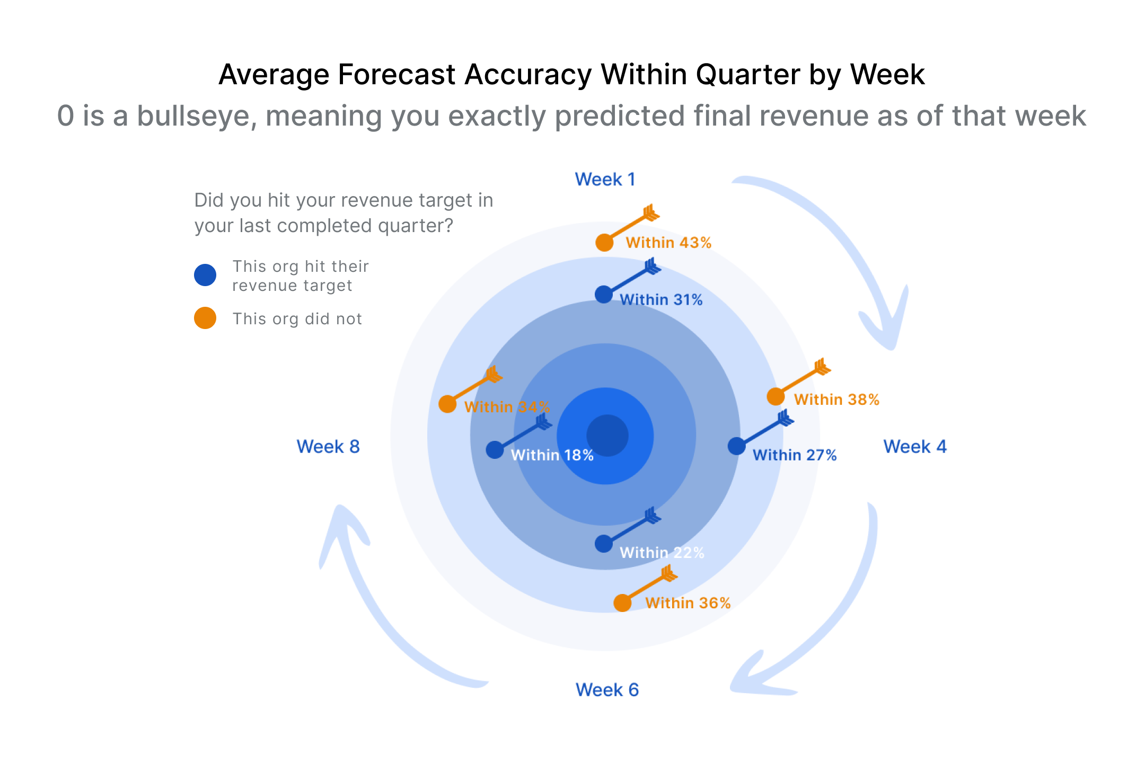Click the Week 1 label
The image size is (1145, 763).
605,179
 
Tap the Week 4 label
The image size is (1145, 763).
914,447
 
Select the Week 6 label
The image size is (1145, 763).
607,689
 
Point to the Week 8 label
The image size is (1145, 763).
328,447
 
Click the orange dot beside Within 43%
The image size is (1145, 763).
604,243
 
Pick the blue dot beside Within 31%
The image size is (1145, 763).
603,295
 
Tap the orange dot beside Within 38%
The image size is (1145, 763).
776,396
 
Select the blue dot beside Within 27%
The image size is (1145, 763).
736,446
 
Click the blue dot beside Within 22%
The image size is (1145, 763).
603,544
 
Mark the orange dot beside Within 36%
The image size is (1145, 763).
622,603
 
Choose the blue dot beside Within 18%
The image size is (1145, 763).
495,450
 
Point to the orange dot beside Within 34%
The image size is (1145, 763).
447,404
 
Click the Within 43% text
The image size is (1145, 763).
668,243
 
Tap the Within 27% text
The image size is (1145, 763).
795,455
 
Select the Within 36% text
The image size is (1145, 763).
688,603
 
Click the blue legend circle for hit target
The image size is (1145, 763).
205,275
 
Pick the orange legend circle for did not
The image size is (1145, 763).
205,318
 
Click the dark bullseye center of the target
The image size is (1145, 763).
607,436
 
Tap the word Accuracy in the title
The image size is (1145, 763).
528,74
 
